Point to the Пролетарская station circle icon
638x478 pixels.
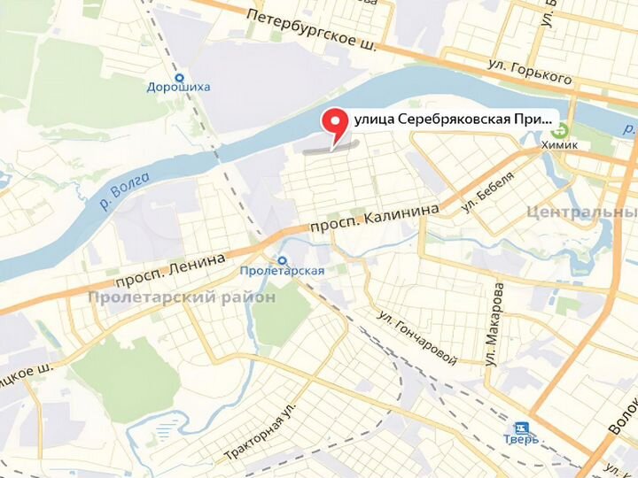pyautogui.click(x=283, y=260)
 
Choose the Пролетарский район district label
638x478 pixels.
pyautogui.click(x=181, y=297)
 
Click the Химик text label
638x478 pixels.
pyautogui.click(x=559, y=145)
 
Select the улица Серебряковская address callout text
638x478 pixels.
pyautogui.click(x=452, y=118)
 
